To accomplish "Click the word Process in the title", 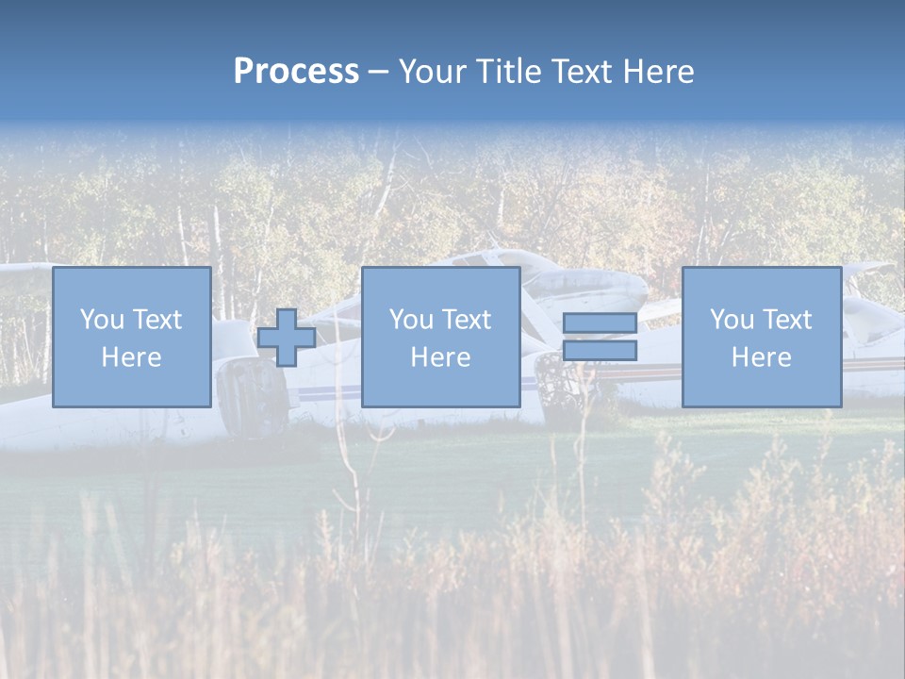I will (296, 72).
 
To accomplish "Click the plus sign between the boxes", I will (287, 337).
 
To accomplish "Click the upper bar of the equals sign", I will (600, 323).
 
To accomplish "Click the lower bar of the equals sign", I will (600, 350).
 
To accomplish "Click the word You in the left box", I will (102, 320).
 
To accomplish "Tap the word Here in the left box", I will (131, 357).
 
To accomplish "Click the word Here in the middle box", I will (440, 357).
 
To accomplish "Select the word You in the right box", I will (732, 320).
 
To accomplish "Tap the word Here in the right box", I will (761, 357).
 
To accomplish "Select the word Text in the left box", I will (156, 320).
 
